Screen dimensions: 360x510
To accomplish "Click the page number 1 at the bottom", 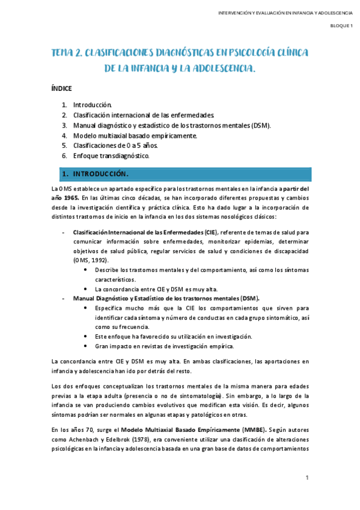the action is pos(307,478).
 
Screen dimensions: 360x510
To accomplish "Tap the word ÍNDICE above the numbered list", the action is pos(62,88).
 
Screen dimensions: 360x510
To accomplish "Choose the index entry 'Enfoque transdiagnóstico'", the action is pos(111,156).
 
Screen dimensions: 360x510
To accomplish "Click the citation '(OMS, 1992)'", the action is pos(90,260).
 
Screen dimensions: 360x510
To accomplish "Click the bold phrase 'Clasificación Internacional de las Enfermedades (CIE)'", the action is pos(144,232).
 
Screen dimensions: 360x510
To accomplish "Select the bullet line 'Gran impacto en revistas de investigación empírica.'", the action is pos(159,346).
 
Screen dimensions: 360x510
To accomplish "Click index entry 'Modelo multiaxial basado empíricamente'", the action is pos(135,135).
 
